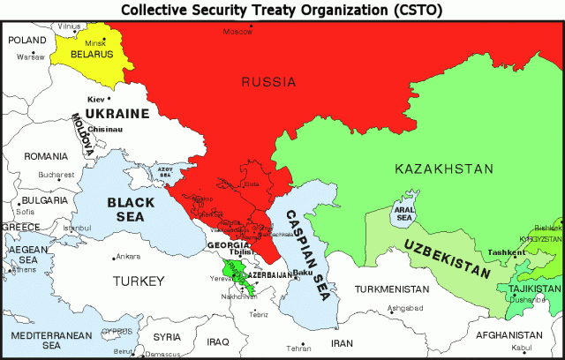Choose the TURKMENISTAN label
[394, 289]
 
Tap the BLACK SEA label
[131, 210]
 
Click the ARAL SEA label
[403, 214]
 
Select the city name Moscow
[237, 31]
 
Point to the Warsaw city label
[30, 56]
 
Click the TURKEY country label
[139, 281]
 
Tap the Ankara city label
[128, 257]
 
